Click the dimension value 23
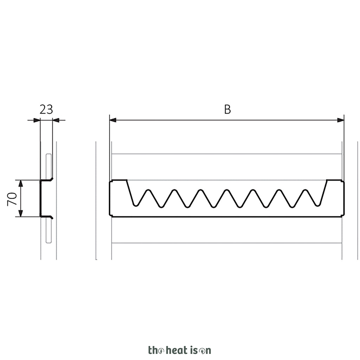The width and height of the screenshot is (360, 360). click(x=46, y=110)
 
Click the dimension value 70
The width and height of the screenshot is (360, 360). click(x=12, y=199)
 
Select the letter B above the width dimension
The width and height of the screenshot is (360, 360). click(x=227, y=110)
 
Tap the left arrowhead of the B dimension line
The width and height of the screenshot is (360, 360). click(x=113, y=120)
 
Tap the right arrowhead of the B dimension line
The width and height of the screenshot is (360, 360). click(x=341, y=120)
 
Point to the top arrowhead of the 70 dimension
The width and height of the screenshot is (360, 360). click(x=21, y=183)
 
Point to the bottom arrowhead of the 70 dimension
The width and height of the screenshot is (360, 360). click(x=21, y=213)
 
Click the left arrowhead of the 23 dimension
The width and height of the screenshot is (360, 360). click(x=37, y=120)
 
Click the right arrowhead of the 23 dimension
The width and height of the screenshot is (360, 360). click(x=56, y=120)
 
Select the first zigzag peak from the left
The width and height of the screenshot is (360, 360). click(x=148, y=190)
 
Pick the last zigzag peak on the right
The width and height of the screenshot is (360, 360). click(x=305, y=190)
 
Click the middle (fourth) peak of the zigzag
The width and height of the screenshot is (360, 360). click(x=227, y=190)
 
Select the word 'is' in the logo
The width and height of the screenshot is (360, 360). click(x=194, y=350)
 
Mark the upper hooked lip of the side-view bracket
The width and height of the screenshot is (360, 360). click(x=47, y=180)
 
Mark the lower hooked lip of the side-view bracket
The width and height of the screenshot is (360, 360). click(x=47, y=217)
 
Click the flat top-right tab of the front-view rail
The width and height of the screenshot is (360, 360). click(x=334, y=180)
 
